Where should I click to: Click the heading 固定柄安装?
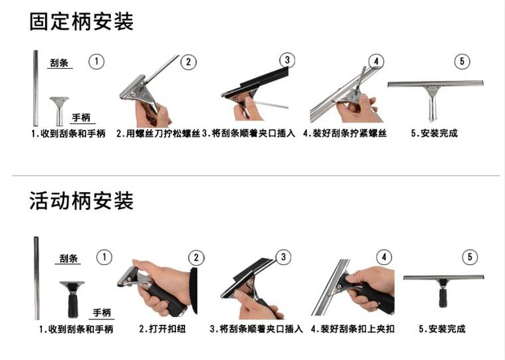pyautogui.click(x=81, y=22)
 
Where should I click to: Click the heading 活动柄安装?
pyautogui.click(x=81, y=201)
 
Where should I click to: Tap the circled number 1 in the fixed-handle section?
pyautogui.click(x=97, y=61)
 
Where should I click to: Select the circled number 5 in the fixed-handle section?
pyautogui.click(x=462, y=61)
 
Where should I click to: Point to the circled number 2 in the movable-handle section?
pyautogui.click(x=196, y=258)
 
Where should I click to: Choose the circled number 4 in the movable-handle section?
pyautogui.click(x=384, y=257)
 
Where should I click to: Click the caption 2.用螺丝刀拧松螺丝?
pyautogui.click(x=158, y=133)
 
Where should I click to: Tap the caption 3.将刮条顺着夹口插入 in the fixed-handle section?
pyautogui.click(x=249, y=133)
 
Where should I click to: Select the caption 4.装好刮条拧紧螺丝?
pyautogui.click(x=345, y=133)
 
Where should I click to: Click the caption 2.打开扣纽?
pyautogui.click(x=162, y=329)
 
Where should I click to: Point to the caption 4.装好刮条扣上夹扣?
pyautogui.click(x=353, y=329)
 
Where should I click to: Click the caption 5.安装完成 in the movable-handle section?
pyautogui.click(x=442, y=329)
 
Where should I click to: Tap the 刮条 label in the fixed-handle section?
pyautogui.click(x=59, y=63)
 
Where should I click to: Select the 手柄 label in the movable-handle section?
pyautogui.click(x=102, y=313)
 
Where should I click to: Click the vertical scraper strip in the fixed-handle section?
pyautogui.click(x=36, y=88)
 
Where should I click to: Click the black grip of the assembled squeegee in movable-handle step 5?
pyautogui.click(x=443, y=298)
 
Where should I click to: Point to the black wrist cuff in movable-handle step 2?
pyautogui.click(x=193, y=290)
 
